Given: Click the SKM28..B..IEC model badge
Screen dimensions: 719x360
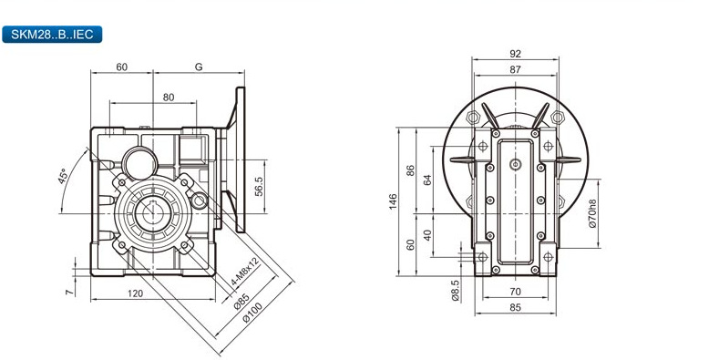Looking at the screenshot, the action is pos(52,35).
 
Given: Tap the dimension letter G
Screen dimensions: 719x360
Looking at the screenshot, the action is pos(199,67).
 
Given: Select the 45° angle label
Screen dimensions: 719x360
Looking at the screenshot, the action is pos(63,176).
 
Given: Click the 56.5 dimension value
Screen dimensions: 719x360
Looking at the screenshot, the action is pos(259,187).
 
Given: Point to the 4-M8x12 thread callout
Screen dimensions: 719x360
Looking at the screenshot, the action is pos(245,272).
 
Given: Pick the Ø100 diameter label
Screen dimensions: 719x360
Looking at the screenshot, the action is pos(252,313).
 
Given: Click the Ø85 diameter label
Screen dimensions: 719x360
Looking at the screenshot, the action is pos(241,302).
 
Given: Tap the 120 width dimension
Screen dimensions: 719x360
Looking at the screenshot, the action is pos(135,293).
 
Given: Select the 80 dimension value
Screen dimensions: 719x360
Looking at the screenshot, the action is pos(169,98).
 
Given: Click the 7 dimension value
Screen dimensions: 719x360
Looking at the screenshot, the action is pos(69,293).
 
